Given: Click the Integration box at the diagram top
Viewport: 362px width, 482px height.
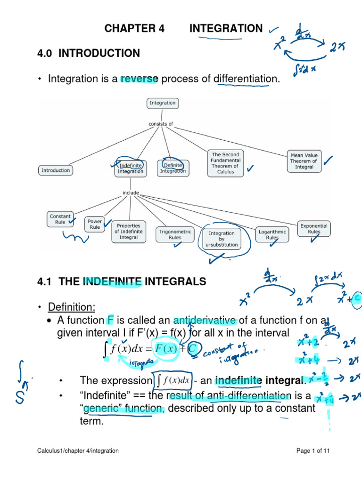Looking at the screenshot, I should [162, 103].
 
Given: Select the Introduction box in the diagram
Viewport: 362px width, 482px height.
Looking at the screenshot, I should [56, 170].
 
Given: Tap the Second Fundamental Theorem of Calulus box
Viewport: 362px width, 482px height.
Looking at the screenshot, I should [225, 163].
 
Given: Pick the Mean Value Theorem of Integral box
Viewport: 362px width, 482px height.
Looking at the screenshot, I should [304, 161].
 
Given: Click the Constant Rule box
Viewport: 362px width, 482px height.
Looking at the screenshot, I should [60, 219].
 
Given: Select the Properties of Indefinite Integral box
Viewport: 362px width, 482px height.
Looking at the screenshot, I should [129, 232].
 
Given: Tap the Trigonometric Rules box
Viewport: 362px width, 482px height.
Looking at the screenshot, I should [175, 234].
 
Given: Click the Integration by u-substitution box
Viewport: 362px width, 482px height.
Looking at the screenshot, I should [221, 239].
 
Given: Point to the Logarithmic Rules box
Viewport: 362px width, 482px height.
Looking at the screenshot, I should [272, 234].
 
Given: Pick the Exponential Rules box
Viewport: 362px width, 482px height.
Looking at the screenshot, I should [314, 229].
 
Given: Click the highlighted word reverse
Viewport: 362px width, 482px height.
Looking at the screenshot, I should [139, 79].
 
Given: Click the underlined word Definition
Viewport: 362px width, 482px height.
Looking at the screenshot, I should [71, 307].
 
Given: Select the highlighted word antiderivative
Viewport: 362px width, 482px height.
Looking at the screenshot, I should [205, 321].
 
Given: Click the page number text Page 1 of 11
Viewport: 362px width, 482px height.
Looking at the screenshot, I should [313, 450].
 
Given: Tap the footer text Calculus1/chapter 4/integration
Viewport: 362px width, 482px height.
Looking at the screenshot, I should [78, 450].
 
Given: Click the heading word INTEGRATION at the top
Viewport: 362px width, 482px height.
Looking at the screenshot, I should [226, 29].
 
